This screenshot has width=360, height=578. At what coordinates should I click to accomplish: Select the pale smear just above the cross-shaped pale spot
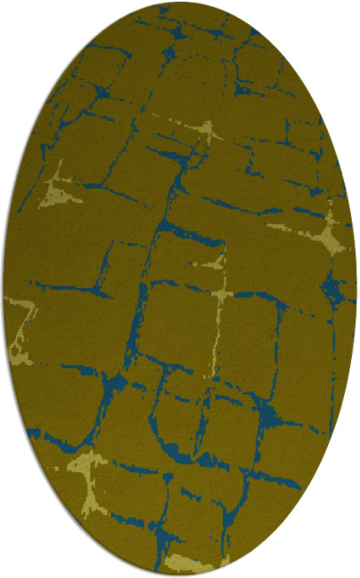click(214, 261)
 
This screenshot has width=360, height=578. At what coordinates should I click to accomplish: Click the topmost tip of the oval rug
click(180, 3)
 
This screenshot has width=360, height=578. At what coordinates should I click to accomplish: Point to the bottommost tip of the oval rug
click(180, 575)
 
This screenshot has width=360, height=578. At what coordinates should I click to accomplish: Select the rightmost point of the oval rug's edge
click(356, 289)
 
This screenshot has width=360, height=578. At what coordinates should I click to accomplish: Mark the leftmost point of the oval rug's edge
click(3, 289)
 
